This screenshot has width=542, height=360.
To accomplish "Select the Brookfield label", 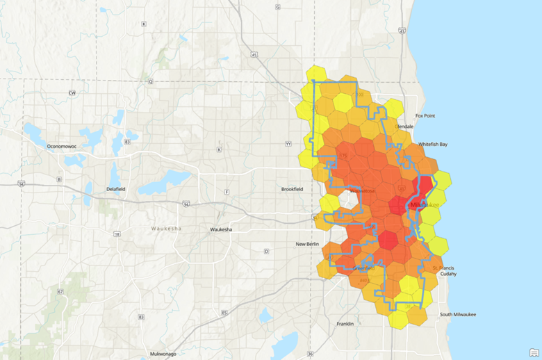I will click(x=292, y=189).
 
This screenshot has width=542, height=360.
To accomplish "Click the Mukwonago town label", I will click(x=161, y=354).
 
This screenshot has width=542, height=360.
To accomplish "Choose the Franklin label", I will click(x=345, y=324).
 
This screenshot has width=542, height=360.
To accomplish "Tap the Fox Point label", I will click(x=425, y=116).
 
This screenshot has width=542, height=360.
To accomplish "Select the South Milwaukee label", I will click(x=457, y=314).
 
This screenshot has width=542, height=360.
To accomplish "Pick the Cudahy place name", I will click(x=448, y=274).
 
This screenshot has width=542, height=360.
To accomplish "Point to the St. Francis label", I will click(x=443, y=267).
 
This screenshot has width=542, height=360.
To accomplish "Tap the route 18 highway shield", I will click(x=117, y=234).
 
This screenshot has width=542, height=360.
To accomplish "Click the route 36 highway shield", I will click(x=310, y=354).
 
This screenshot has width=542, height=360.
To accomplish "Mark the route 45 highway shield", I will click(x=254, y=54).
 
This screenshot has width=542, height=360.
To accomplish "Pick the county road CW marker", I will click(x=72, y=92).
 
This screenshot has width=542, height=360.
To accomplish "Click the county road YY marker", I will click(x=288, y=144).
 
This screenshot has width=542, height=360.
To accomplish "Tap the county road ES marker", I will click(x=224, y=313).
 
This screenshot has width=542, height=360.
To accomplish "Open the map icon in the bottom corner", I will click(x=534, y=352).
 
